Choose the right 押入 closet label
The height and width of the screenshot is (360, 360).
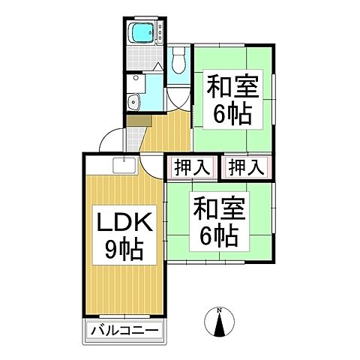245,167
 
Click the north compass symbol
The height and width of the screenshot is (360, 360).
219,323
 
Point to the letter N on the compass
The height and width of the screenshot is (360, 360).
219,310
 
